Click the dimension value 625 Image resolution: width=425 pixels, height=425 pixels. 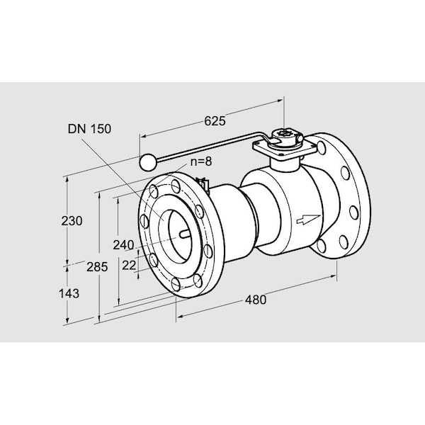click(215, 121)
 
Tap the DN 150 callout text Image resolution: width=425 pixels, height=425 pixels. click(89, 129)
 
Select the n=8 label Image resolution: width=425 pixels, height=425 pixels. click(201, 161)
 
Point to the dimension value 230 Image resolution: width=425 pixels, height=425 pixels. click(72, 221)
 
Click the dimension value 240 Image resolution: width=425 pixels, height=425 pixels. click(123, 245)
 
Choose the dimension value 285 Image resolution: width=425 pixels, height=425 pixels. click(97, 267)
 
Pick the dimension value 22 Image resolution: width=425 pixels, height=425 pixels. click(129, 266)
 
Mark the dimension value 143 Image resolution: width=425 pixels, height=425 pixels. click(69, 293)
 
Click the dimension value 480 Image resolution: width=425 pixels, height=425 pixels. click(256, 300)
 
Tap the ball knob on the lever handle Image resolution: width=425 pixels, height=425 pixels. click(148, 162)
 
